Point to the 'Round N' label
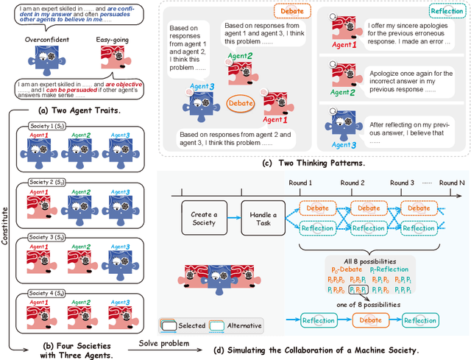coord(453,183)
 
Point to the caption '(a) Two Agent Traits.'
coord(82,110)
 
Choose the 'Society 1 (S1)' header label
coord(49,125)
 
